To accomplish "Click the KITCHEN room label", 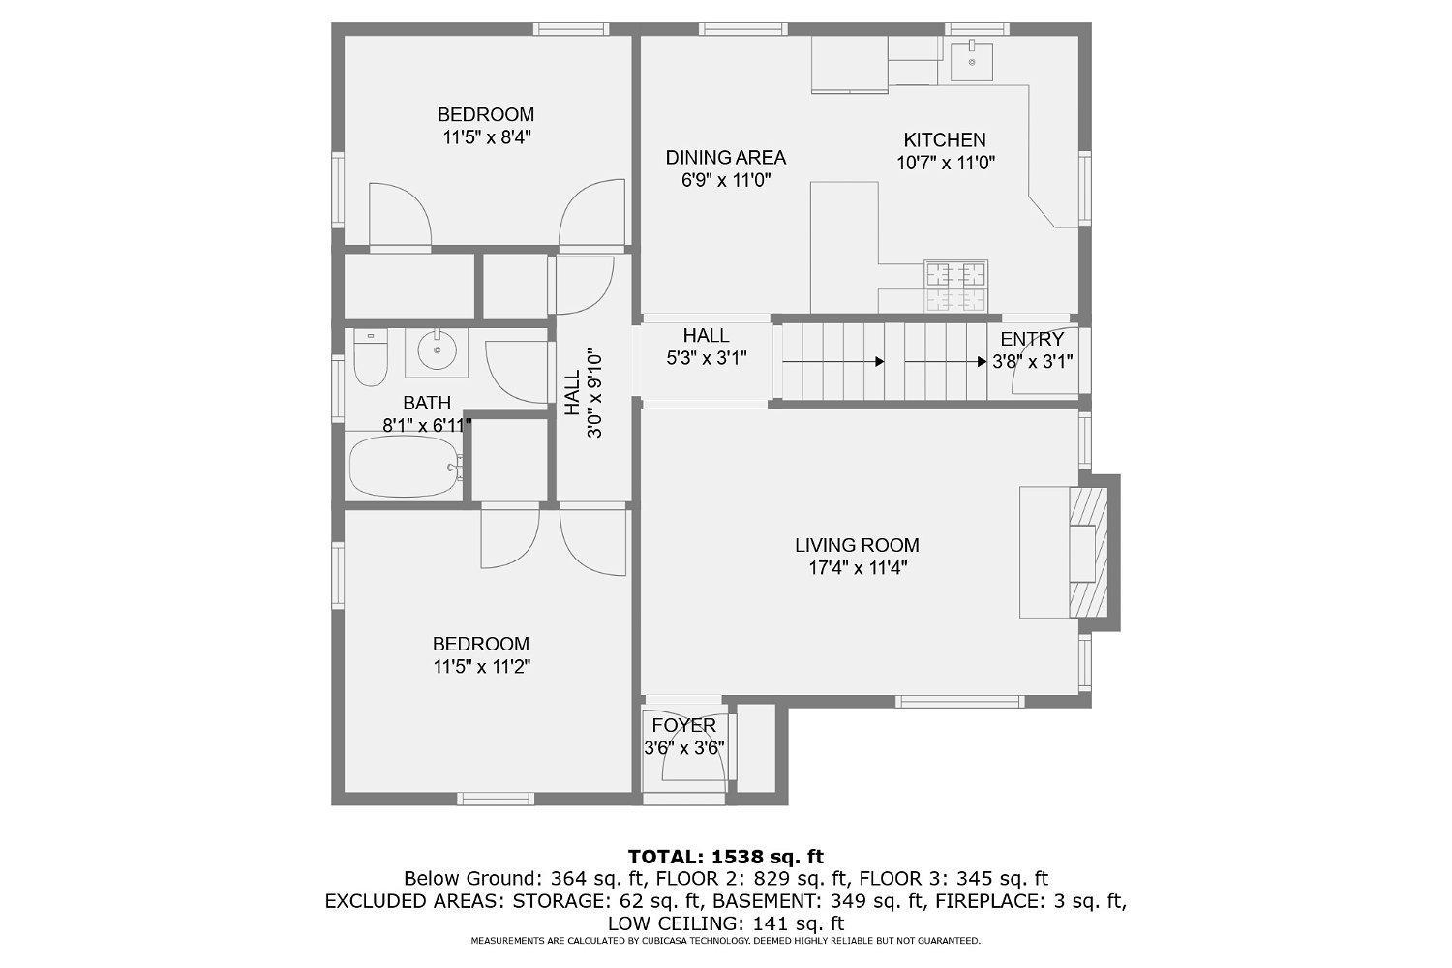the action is [945, 140].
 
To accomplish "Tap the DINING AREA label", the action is [725, 158].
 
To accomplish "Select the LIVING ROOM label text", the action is [857, 545].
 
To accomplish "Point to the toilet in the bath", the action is [371, 357].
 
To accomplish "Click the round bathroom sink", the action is [437, 350].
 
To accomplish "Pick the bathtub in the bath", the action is [406, 467].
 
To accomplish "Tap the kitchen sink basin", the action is [972, 61].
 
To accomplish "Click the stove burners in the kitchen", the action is [956, 287].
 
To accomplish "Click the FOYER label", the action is [683, 725].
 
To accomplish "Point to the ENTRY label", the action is [1032, 339].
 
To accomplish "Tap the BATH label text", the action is [427, 404].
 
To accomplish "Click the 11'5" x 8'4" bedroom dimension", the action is [487, 137].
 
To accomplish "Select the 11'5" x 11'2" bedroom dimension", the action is [482, 667].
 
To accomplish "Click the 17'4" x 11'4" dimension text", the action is [857, 568].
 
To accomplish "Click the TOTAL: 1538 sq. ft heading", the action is [725, 857].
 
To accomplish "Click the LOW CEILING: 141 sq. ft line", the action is [725, 923].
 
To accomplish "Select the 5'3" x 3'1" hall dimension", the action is [707, 358].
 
